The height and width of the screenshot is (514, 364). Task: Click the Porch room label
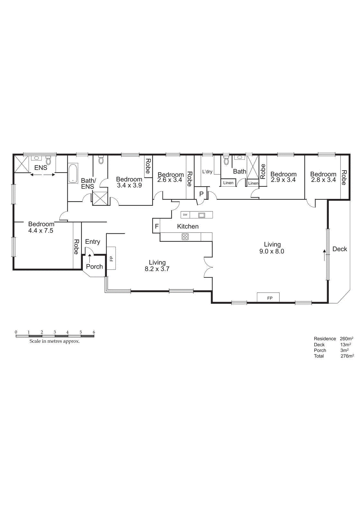point(94,267)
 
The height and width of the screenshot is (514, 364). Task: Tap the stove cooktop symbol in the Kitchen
point(185,237)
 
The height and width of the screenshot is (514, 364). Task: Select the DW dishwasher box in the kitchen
point(185,215)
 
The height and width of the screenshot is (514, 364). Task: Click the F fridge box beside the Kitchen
point(157,226)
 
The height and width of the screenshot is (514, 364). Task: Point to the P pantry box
point(201,194)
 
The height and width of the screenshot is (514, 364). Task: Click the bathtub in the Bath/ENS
point(73,173)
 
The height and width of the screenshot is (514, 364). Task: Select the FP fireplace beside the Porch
point(111,258)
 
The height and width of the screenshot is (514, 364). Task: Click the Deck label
point(340,249)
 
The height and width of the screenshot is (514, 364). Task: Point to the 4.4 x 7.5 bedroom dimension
point(41,231)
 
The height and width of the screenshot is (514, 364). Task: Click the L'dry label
point(207,172)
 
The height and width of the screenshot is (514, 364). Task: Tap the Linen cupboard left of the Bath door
point(228,183)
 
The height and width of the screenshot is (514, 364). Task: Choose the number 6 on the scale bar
point(94,332)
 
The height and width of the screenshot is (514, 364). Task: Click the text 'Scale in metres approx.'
point(54,341)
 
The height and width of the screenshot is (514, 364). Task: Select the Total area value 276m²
point(347,356)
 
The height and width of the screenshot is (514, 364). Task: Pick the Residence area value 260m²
point(346,339)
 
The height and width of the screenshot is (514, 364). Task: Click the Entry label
point(93,242)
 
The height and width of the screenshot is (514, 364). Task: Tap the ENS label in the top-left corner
point(41,168)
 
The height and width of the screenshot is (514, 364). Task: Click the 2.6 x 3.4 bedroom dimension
point(169,180)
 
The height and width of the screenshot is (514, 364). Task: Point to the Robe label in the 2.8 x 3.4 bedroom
point(344,178)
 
